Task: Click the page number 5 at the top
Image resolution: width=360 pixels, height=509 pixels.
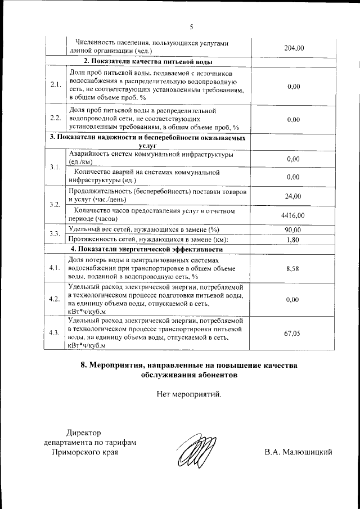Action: [191, 26]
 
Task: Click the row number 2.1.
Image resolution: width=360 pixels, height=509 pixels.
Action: [55, 85]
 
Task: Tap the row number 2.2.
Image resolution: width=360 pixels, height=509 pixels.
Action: [55, 119]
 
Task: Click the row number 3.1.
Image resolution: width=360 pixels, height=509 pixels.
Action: [55, 168]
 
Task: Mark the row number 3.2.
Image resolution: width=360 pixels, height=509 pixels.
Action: [55, 205]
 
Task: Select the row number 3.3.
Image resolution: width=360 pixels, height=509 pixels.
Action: [55, 234]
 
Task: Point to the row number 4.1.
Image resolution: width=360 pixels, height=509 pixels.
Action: [55, 268]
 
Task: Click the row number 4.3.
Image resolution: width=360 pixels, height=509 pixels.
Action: [55, 333]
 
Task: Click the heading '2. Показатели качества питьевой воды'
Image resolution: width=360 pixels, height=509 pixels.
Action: [148, 61]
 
